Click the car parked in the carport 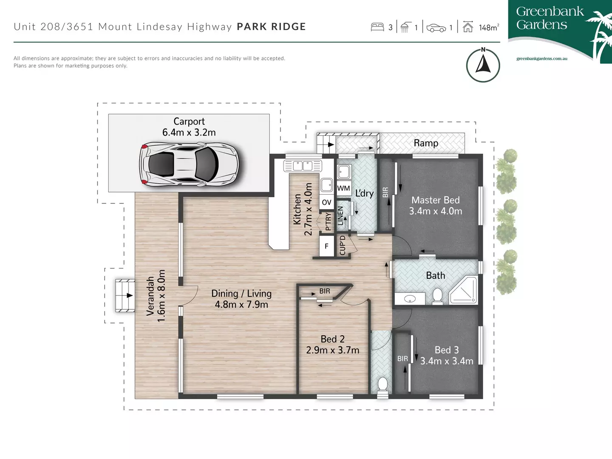coord(189,164)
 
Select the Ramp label coord(426,143)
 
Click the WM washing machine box coord(343,188)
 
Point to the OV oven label coord(326,202)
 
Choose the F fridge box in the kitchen coord(326,246)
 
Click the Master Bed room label coord(435,200)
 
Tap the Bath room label coord(435,275)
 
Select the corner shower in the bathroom coord(465,291)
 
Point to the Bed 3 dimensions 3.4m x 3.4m coord(447,361)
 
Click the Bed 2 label coord(332,339)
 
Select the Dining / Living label coord(241,294)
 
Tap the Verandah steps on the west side coord(125,296)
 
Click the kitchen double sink coord(302,166)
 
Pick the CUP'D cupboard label coord(343,245)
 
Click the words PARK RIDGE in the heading coord(271,27)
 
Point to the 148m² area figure coord(488,28)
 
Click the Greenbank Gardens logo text coord(550,18)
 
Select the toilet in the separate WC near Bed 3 coord(382,385)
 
